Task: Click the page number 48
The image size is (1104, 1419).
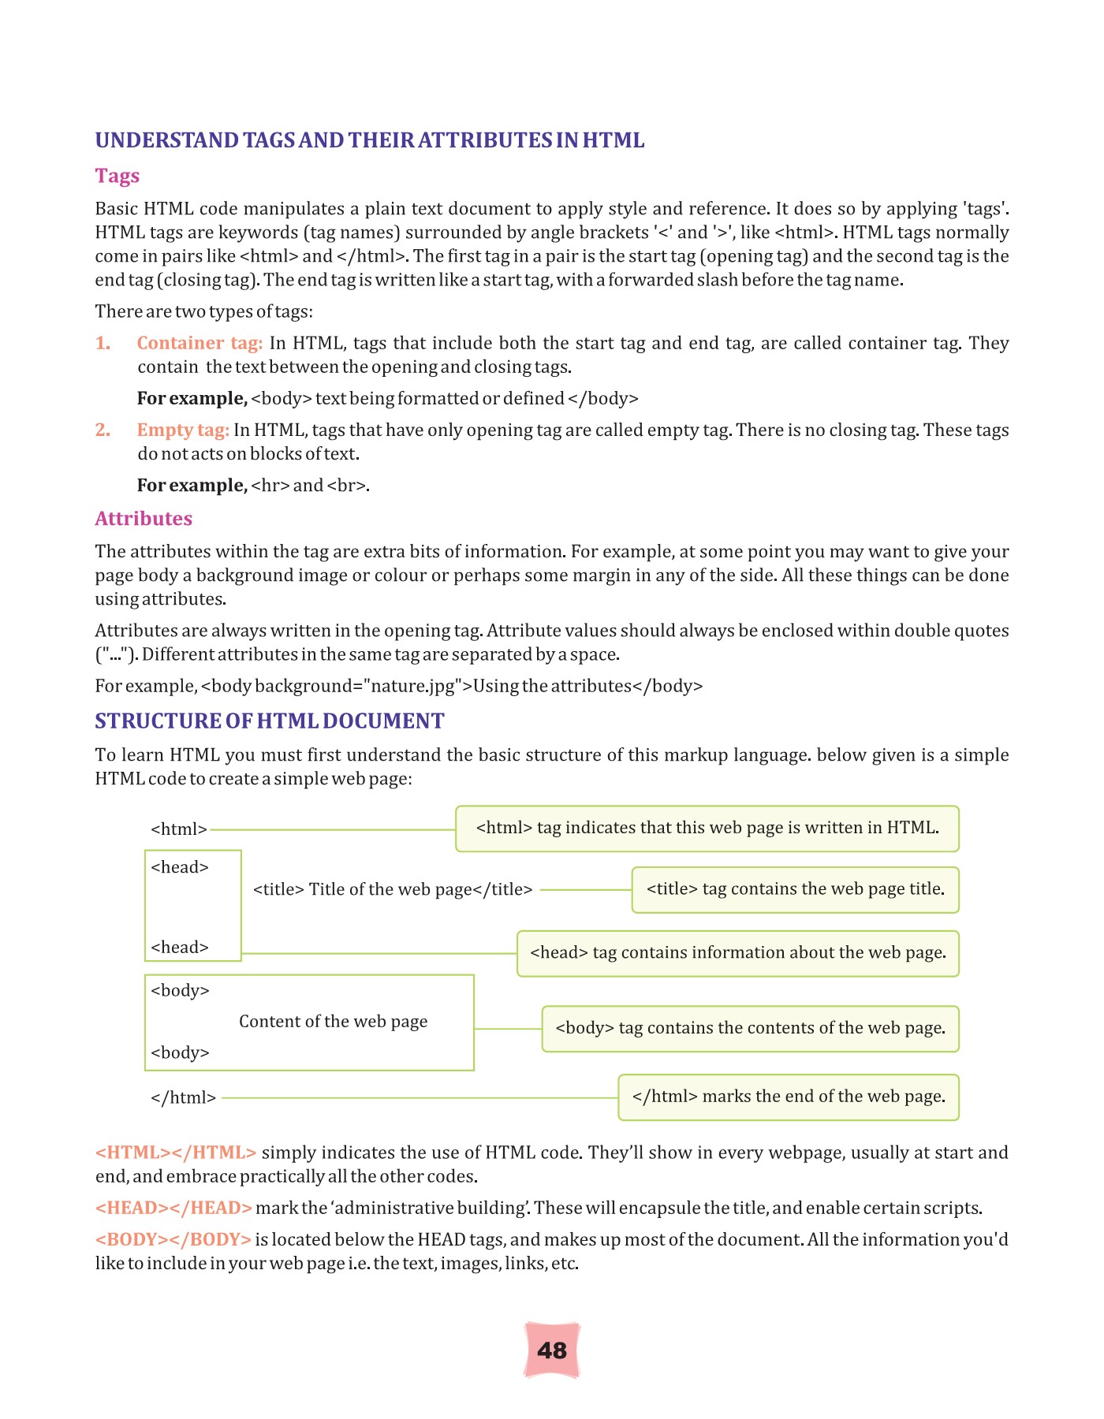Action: [551, 1350]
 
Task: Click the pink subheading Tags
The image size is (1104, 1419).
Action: [117, 175]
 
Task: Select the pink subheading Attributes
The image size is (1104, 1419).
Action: [144, 518]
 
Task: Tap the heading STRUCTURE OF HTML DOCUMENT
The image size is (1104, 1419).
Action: [270, 721]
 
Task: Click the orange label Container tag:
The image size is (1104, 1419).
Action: [200, 343]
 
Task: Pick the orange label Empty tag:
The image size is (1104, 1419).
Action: [183, 430]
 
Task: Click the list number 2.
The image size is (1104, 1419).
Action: [103, 430]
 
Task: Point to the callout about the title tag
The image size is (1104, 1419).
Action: [795, 889]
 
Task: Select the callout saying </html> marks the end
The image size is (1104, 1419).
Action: [789, 1097]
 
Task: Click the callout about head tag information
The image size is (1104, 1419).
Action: [737, 953]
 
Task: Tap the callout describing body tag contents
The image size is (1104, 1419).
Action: [750, 1028]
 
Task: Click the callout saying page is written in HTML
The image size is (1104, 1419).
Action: [707, 828]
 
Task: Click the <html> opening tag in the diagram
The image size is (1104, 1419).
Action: [179, 829]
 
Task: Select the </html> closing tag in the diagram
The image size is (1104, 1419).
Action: [183, 1097]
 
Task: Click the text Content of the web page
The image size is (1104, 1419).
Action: [333, 1022]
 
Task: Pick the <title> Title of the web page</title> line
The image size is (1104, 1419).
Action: [393, 889]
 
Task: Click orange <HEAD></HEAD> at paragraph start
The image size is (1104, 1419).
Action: [173, 1208]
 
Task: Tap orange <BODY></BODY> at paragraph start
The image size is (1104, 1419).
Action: [173, 1239]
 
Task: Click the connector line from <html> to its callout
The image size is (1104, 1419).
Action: [331, 829]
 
